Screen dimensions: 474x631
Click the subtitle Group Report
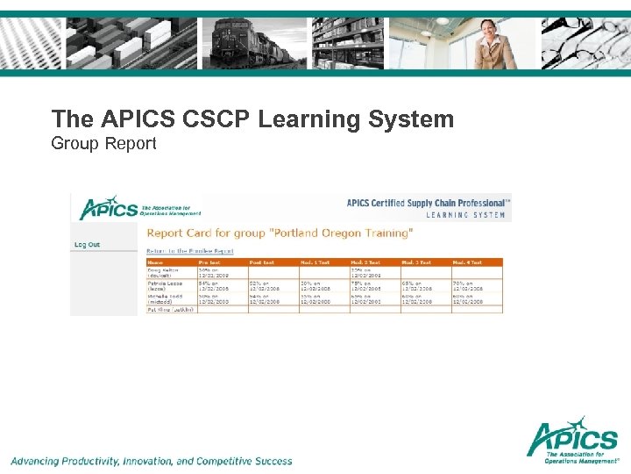click(103, 142)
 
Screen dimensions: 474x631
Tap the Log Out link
click(87, 244)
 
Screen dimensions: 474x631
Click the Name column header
click(156, 262)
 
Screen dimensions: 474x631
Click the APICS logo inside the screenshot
click(110, 209)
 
